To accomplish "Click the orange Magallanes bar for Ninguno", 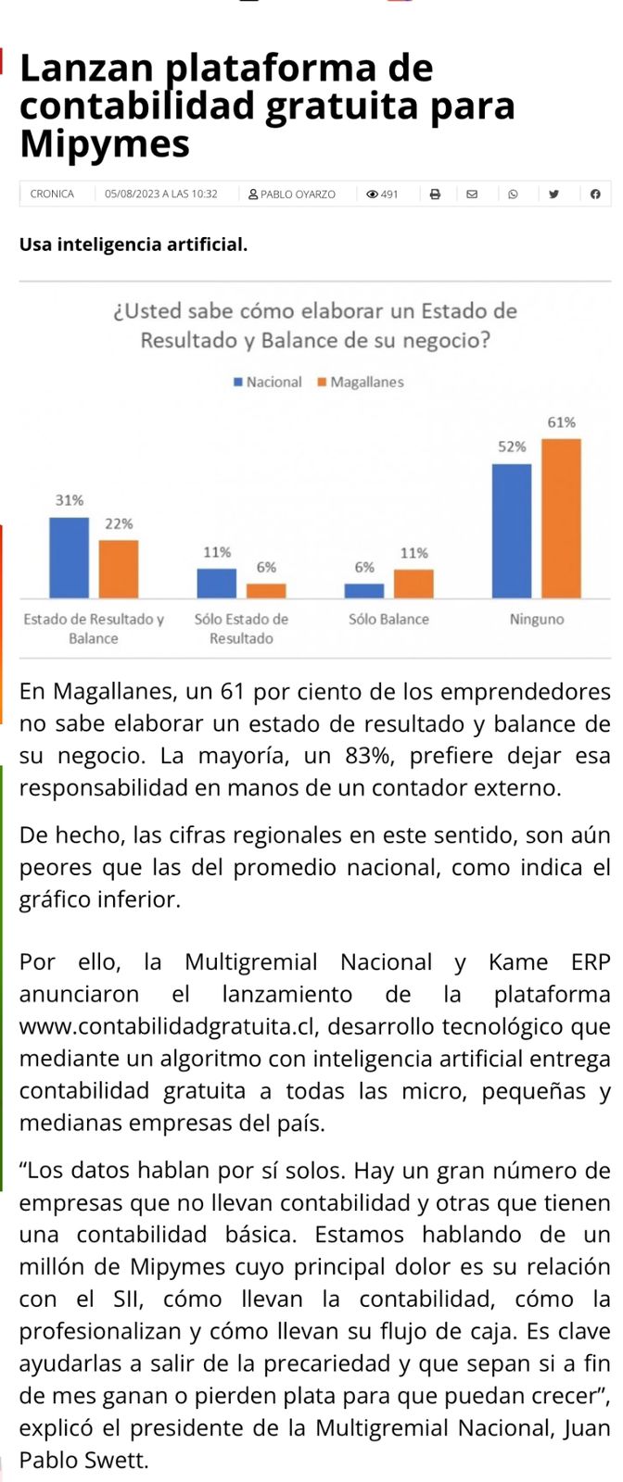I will click(561, 518).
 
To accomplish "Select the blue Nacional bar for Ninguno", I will click(512, 531).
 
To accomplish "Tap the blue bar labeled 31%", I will click(69, 558).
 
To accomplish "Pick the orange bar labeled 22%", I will click(119, 569).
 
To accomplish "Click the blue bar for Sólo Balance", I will click(364, 590).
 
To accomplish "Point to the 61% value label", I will click(561, 422).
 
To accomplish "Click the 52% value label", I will click(512, 446).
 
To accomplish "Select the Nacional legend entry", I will click(268, 382).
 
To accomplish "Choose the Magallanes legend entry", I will click(361, 382).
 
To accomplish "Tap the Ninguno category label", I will click(537, 619).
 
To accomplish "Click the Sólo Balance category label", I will click(388, 619).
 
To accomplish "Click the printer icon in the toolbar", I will click(435, 194).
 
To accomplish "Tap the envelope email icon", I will click(472, 194).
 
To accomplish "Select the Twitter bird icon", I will click(553, 194).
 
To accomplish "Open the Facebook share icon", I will click(595, 194).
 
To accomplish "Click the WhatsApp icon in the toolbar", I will click(513, 194).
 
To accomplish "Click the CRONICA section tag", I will click(52, 194).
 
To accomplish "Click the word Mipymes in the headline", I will click(104, 144).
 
